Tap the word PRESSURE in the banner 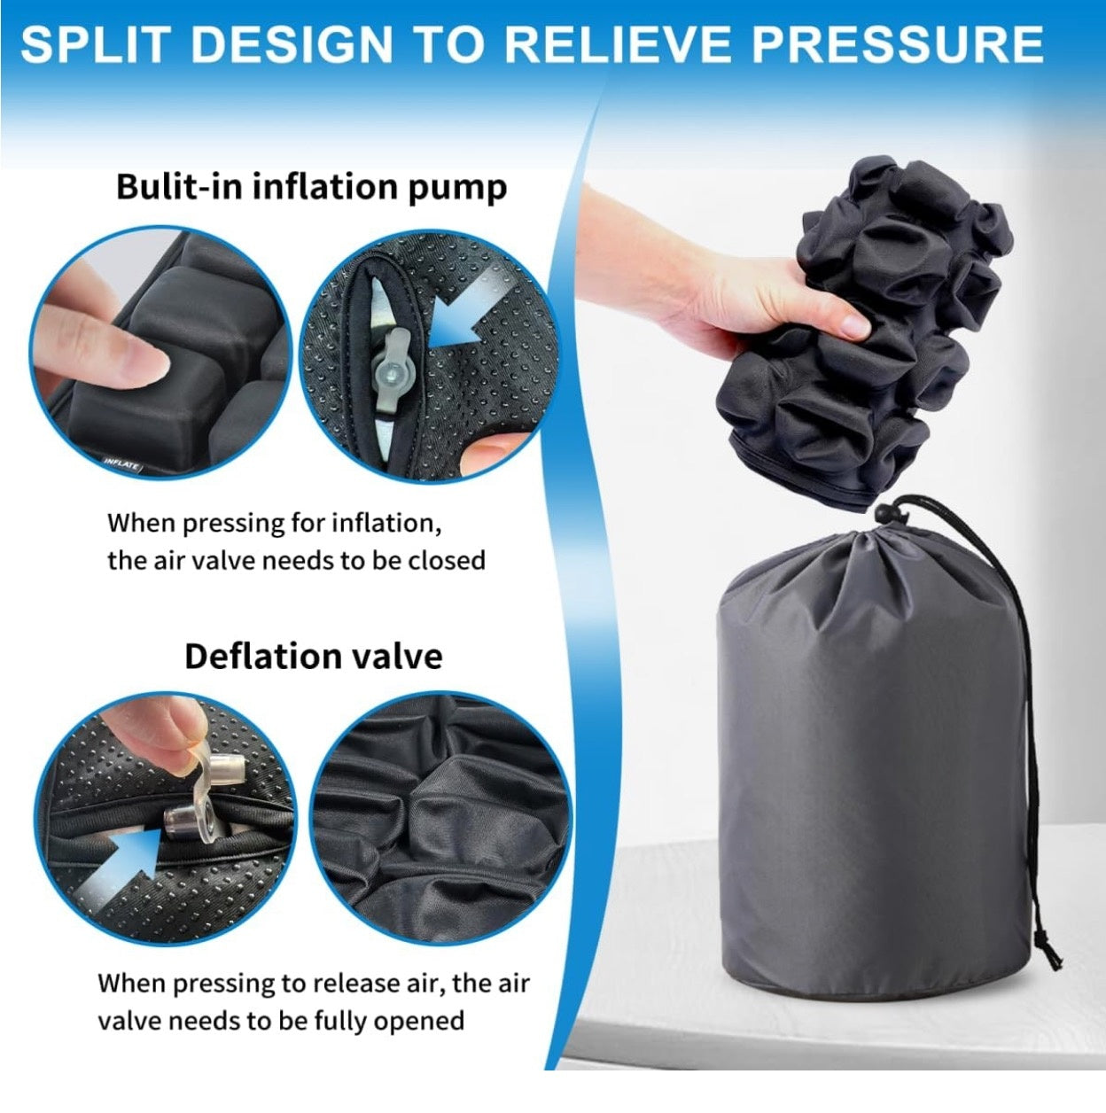[898, 44]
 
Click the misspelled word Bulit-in [178, 187]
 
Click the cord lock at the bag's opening [886, 510]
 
